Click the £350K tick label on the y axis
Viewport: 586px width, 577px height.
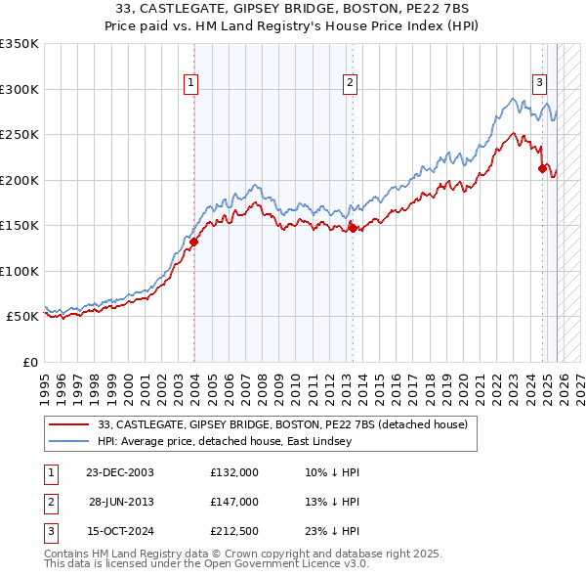(x=20, y=44)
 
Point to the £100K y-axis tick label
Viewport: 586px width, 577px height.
(x=20, y=271)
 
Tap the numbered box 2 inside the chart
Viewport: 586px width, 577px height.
(x=350, y=83)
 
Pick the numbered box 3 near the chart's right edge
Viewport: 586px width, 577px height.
(x=538, y=83)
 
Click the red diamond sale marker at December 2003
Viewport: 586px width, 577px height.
(x=194, y=243)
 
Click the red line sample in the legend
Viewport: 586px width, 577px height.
(x=70, y=424)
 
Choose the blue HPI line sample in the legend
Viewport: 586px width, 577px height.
(x=70, y=440)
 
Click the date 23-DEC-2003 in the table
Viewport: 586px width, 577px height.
(x=120, y=472)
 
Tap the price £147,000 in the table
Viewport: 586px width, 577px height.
(x=234, y=502)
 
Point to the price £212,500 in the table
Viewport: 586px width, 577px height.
(x=234, y=532)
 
